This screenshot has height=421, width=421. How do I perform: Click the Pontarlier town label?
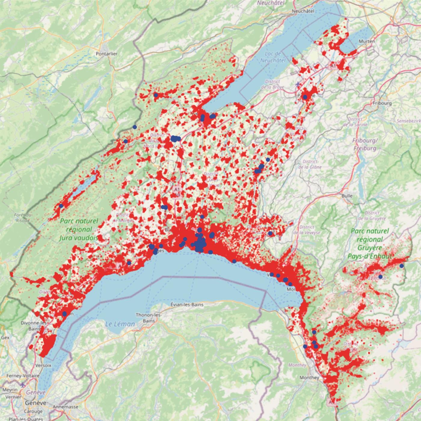pos(106,54)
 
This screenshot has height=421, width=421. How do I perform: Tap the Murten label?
pos(367,41)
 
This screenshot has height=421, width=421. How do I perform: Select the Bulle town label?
pos(347,196)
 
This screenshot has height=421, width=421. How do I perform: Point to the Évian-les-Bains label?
pos(187,305)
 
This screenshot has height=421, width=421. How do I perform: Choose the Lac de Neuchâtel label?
pos(273,57)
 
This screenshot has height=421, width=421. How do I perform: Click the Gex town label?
pos(5,338)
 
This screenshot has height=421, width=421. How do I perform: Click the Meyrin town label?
pos(10,390)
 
